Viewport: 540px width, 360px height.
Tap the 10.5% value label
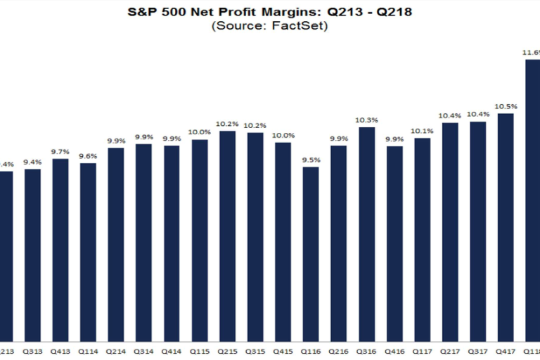[x=506, y=106]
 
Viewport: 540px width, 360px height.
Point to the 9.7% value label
[x=60, y=152]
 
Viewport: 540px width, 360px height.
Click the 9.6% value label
[x=88, y=156]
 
